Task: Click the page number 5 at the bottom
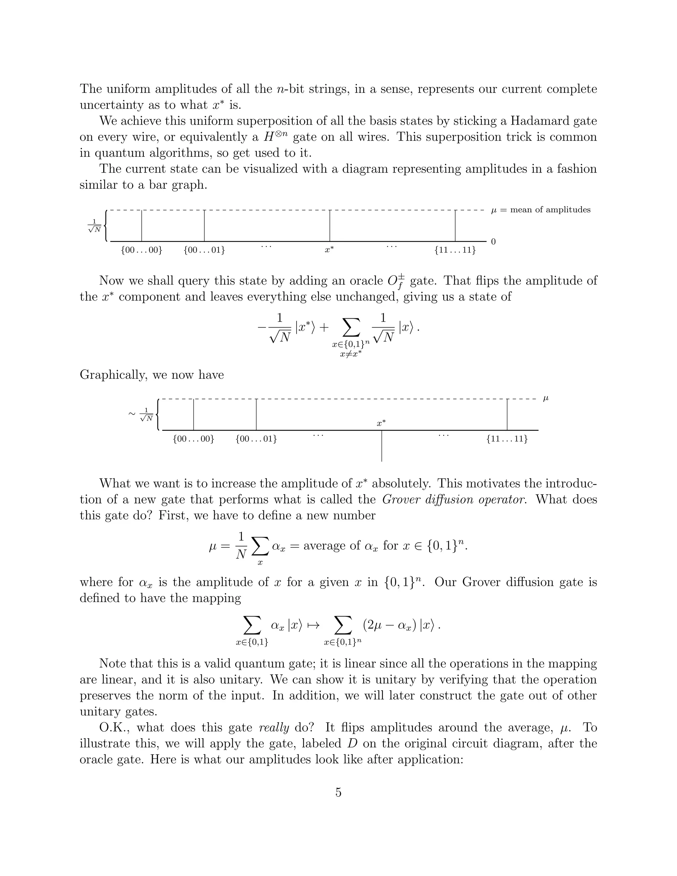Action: click(x=338, y=792)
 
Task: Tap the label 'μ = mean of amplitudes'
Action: click(x=540, y=210)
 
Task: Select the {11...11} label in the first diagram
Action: click(x=455, y=250)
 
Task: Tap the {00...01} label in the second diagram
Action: click(x=256, y=439)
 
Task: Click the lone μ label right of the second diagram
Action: click(x=545, y=398)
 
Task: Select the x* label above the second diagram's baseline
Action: click(x=381, y=423)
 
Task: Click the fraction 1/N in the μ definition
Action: click(x=241, y=545)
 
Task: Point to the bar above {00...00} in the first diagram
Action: click(x=141, y=225)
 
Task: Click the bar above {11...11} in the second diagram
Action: click(x=507, y=414)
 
